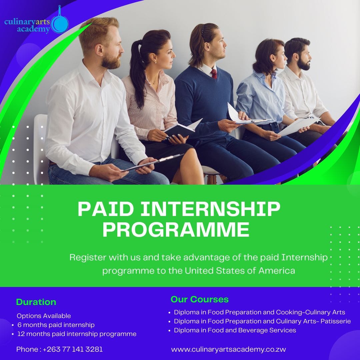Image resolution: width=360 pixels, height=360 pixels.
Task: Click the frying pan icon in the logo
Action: point(59,21)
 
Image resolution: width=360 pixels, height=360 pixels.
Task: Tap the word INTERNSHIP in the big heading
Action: point(210,209)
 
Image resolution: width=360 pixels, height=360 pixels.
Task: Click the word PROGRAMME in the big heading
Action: point(176,230)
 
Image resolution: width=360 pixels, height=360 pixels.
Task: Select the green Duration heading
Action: point(36,302)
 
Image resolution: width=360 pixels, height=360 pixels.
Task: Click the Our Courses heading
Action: point(200,299)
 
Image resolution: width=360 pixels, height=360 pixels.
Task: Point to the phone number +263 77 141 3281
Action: point(73,349)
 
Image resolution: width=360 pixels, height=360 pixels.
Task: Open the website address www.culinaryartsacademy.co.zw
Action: point(228,350)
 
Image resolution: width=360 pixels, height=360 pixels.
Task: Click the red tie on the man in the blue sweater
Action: point(214,74)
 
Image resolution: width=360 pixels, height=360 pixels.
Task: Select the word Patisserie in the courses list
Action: point(335,321)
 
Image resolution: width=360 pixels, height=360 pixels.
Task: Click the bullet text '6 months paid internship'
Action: point(56,325)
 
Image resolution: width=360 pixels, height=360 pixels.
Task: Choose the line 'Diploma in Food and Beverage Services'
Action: point(235,330)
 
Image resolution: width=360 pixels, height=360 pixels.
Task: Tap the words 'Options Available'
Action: point(44,316)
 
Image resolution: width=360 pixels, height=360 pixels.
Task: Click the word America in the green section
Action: point(277,271)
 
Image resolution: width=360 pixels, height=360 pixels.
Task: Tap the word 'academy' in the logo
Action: point(33,29)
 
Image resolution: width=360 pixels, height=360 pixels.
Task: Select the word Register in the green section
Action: point(88,258)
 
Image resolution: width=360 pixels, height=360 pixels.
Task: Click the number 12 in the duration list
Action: point(21,334)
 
